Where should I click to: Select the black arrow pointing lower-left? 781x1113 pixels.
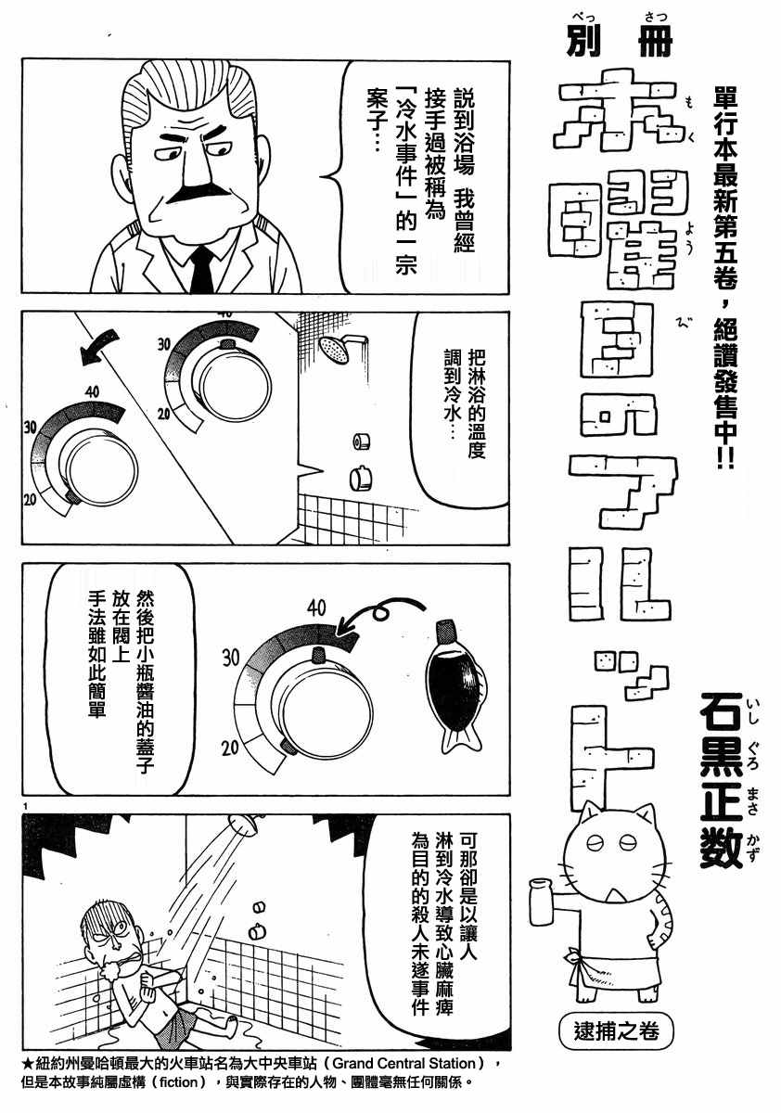pos(95,350)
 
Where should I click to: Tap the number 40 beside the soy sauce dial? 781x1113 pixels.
pos(316,609)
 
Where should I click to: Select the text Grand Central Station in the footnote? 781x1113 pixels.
pos(403,1064)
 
